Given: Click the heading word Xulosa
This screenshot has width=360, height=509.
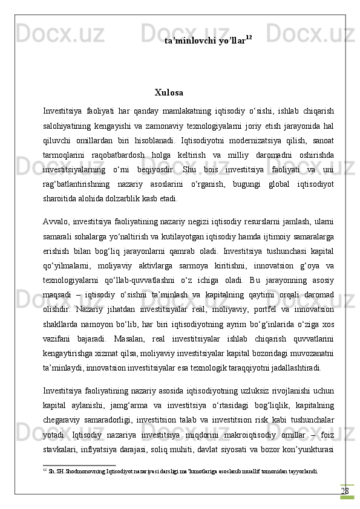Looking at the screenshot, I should (169, 92).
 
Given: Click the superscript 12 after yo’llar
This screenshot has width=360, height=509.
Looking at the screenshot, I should (249, 37).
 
